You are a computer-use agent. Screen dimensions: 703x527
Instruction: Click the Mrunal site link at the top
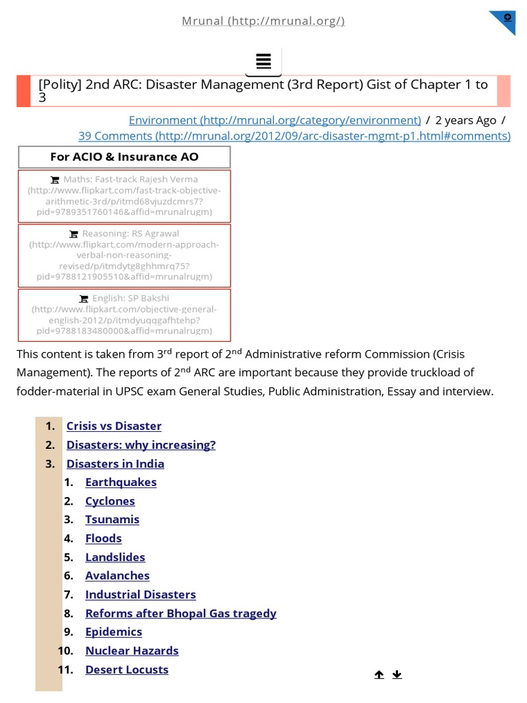[x=263, y=21]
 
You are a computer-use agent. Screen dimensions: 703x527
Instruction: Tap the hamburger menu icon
[x=263, y=61]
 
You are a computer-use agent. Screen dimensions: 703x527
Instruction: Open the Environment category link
[x=274, y=120]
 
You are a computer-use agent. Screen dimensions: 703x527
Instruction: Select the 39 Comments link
[x=294, y=136]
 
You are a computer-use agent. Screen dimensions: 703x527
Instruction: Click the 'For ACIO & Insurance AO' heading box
[x=124, y=157]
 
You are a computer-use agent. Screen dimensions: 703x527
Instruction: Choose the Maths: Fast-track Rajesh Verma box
[x=124, y=196]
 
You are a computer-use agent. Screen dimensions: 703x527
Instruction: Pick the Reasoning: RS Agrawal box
[x=124, y=255]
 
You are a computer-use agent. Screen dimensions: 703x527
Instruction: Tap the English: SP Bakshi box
[x=124, y=314]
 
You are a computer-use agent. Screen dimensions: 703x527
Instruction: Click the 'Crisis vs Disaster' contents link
[x=114, y=426]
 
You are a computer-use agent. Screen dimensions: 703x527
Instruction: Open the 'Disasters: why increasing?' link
[x=141, y=445]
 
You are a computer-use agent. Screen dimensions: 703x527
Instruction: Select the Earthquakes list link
[x=121, y=482]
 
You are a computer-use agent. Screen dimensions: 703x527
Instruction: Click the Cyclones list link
[x=110, y=501]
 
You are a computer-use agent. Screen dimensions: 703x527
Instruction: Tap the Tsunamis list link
[x=112, y=520]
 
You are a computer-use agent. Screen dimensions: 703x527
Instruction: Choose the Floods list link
[x=103, y=538]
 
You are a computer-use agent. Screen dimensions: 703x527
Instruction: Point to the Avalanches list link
[x=117, y=576]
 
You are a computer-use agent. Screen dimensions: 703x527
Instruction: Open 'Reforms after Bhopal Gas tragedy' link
[x=180, y=613]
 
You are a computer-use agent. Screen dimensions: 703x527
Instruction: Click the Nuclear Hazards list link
[x=132, y=651]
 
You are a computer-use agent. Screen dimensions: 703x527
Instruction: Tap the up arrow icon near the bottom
[x=379, y=675]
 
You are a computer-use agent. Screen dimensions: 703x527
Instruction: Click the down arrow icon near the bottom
[x=397, y=675]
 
